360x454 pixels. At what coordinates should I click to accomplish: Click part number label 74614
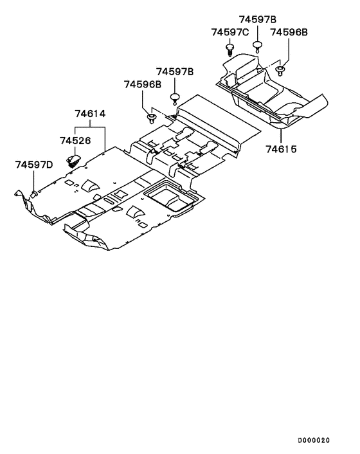90,113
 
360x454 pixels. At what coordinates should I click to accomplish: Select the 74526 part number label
75,141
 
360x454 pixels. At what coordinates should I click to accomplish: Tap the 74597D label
34,165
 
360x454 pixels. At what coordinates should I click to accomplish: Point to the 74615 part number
282,149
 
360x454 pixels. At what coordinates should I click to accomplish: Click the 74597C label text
230,32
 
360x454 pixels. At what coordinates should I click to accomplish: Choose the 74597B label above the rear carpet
258,19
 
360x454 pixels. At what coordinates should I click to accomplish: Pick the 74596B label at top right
289,32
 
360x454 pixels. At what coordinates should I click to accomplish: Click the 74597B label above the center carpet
175,71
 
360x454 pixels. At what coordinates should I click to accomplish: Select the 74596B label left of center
143,84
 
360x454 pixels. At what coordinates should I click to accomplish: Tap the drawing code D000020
314,440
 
